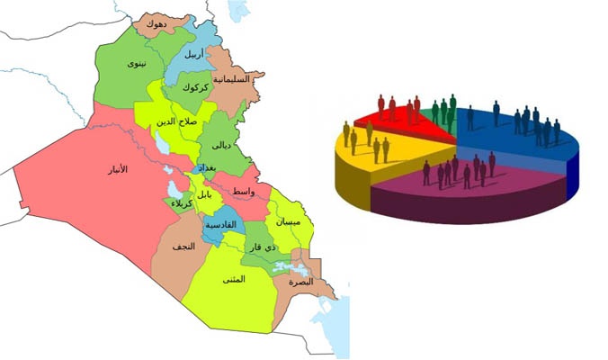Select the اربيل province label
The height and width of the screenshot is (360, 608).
(x=193, y=54)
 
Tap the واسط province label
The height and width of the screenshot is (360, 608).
(x=243, y=193)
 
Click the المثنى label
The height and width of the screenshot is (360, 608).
(x=233, y=279)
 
